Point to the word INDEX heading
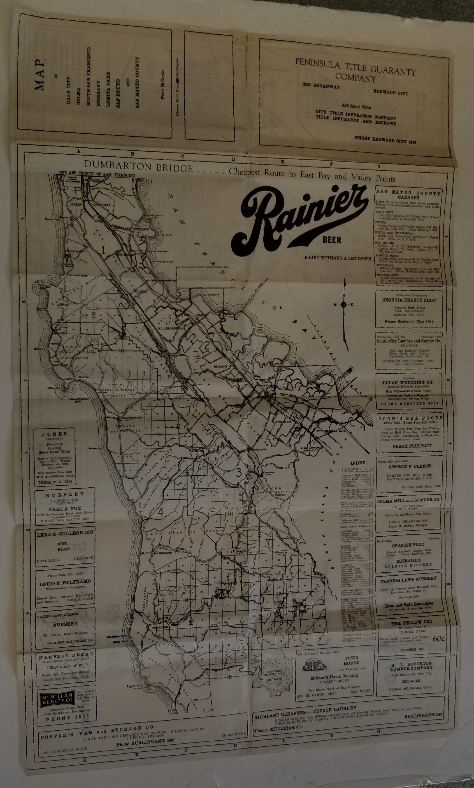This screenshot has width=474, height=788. pyautogui.click(x=358, y=463)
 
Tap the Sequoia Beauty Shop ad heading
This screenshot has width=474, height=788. pyautogui.click(x=409, y=300)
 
